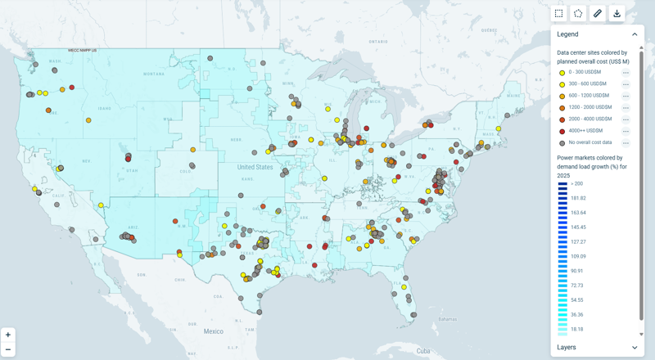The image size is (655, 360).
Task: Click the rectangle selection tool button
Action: [558, 13]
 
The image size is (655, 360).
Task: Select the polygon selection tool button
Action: [578, 13]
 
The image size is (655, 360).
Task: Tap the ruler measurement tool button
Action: [598, 13]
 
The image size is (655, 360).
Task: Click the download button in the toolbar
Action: [617, 13]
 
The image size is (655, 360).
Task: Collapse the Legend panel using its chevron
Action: [635, 34]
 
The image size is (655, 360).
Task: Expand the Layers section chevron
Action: [635, 348]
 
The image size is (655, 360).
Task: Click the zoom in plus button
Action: [8, 335]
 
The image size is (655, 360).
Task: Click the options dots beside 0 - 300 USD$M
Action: [626, 74]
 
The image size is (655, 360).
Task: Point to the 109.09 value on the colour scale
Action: [578, 256]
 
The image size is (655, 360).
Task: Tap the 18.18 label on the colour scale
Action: [576, 329]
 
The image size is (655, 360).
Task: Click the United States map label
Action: [255, 167]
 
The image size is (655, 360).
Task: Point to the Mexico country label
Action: [214, 331]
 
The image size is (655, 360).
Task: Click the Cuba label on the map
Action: [422, 351]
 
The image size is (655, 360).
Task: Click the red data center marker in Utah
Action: [129, 158]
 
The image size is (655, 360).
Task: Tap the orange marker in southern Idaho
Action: [88, 120]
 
